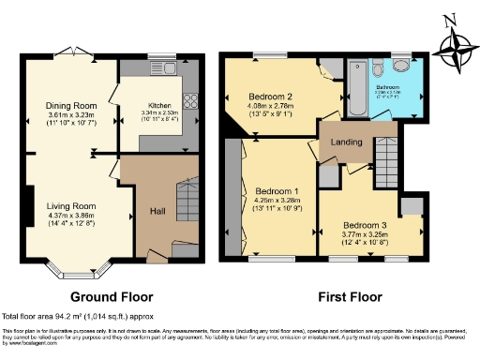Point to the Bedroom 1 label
pyautogui.click(x=276, y=189)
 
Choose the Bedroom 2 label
pyautogui.click(x=272, y=97)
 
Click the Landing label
pyautogui.click(x=342, y=143)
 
